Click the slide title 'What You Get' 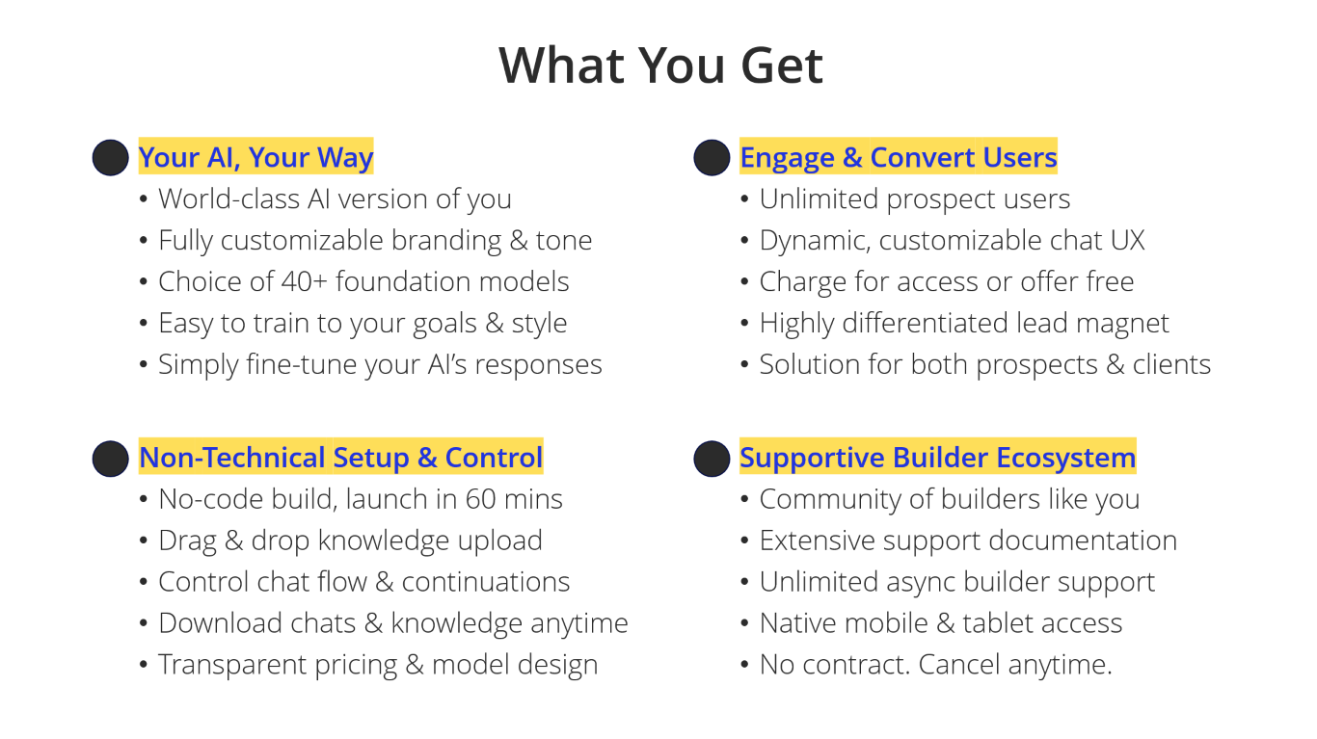[660, 66]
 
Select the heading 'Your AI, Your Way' [255, 157]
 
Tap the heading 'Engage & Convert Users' [899, 157]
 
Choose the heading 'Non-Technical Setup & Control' [341, 458]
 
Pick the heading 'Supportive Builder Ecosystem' [938, 458]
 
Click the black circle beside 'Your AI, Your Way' [111, 157]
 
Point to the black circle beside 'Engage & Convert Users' [712, 157]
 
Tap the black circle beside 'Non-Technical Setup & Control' [111, 459]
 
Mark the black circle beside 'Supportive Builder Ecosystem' [712, 459]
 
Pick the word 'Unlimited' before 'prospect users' [819, 199]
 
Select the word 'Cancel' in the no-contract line [959, 665]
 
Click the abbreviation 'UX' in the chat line [1127, 240]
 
